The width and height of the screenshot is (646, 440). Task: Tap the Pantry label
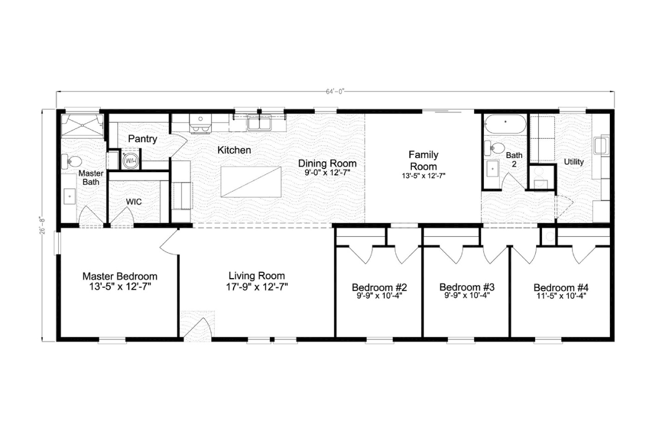tap(143, 139)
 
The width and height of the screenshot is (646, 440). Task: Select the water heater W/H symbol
tap(130, 160)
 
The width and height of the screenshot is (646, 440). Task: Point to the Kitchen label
tap(234, 150)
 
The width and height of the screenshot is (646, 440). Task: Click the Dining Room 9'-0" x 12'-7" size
tap(327, 173)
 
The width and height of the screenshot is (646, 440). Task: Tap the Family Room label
tap(423, 160)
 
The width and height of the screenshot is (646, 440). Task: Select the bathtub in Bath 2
tap(505, 126)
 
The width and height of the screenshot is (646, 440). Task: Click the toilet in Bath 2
tap(496, 148)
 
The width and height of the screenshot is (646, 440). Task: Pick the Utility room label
tap(574, 161)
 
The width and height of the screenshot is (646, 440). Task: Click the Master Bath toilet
tap(72, 161)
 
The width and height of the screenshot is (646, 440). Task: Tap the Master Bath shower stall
tap(82, 126)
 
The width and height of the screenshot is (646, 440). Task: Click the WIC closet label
tap(134, 201)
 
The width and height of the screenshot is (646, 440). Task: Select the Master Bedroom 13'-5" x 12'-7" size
tap(120, 287)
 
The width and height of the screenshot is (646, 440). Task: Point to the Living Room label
tap(256, 275)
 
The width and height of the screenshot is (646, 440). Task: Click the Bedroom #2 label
tap(379, 286)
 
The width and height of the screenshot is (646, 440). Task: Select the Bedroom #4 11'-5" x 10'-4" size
tap(560, 295)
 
